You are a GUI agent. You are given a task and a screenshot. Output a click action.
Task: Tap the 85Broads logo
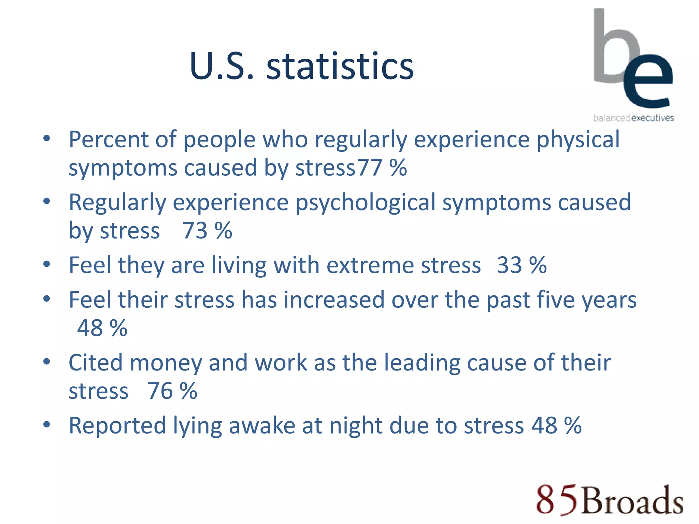pos(610,500)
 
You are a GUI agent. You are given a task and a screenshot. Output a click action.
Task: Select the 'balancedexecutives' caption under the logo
pos(633,118)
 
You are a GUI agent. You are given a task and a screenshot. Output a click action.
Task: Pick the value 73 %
pos(207,230)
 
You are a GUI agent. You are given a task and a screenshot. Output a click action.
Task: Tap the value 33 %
pos(522,265)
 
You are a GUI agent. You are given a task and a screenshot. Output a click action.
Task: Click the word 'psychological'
pos(365,202)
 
